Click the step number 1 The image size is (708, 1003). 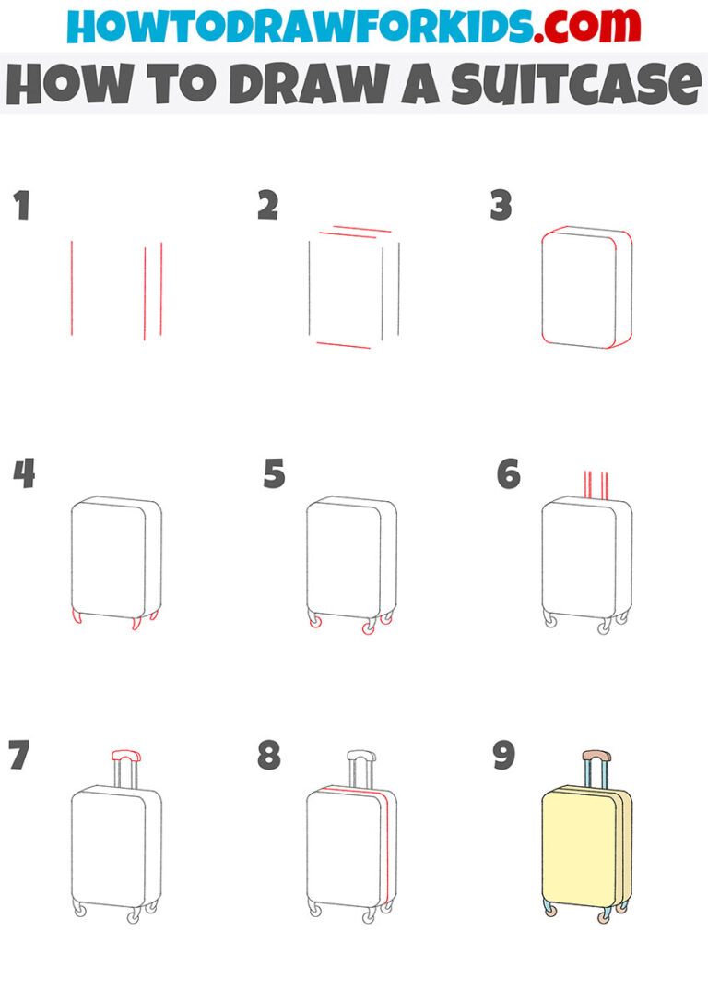(x=21, y=206)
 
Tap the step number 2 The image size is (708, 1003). (x=267, y=206)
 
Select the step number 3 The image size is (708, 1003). (x=501, y=206)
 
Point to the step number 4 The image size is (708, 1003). (x=23, y=474)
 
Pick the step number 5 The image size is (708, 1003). (x=274, y=474)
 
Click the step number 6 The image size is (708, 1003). (x=508, y=474)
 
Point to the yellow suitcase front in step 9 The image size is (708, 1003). (x=576, y=849)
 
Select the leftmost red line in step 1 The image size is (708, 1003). (x=72, y=288)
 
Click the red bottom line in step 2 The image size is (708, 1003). (x=343, y=345)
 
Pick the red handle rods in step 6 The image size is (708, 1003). (x=595, y=484)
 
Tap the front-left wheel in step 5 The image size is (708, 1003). (x=316, y=625)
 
